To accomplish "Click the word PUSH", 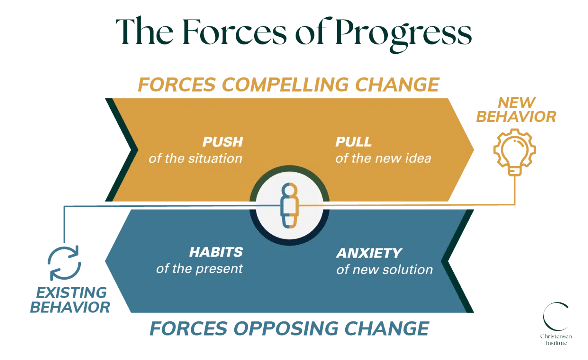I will click(222, 142).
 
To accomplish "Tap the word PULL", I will click(353, 142).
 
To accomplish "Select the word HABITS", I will click(216, 252).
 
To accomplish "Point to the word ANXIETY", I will click(369, 253).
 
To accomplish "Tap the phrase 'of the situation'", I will click(195, 159).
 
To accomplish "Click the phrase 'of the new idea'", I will click(383, 159).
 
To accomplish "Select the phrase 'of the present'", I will click(199, 269).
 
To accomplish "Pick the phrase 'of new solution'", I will click(384, 270).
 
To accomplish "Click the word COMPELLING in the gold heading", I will click(285, 85).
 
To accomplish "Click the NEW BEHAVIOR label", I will click(516, 110).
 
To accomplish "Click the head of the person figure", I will click(289, 190).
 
